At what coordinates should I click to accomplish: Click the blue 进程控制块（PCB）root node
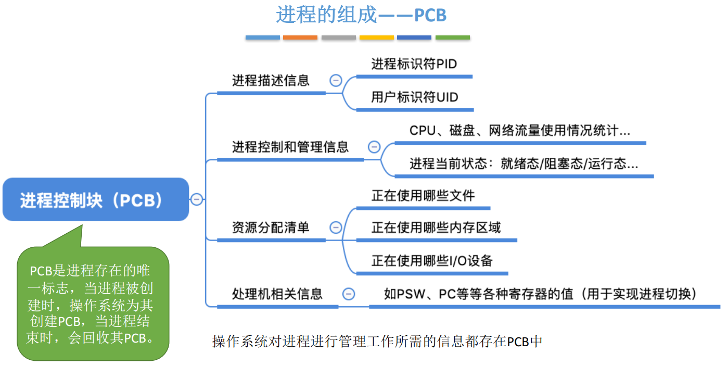[x=96, y=199]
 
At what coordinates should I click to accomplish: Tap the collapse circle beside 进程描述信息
[x=336, y=81]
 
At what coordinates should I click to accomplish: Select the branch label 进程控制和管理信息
[x=290, y=147]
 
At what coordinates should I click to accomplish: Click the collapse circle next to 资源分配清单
[x=336, y=228]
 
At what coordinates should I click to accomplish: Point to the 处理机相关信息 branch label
[x=277, y=294]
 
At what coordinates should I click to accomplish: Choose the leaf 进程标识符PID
[x=414, y=64]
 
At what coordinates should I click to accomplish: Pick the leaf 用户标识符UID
[x=414, y=97]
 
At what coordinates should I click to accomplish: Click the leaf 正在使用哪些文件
[x=423, y=196]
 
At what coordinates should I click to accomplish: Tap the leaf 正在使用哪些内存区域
[x=436, y=228]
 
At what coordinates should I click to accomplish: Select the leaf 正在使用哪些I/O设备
[x=431, y=260]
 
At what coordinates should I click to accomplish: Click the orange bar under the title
[x=300, y=37]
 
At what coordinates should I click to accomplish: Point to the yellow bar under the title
[x=377, y=37]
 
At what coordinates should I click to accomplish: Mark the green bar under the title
[x=453, y=37]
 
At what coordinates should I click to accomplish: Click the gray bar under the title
[x=339, y=37]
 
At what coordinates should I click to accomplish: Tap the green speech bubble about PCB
[x=93, y=304]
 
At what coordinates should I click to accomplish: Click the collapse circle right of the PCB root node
[x=196, y=199]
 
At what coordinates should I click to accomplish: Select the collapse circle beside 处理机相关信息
[x=349, y=294]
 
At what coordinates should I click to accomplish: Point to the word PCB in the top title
[x=430, y=16]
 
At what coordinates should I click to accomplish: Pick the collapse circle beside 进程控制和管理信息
[x=374, y=147]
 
